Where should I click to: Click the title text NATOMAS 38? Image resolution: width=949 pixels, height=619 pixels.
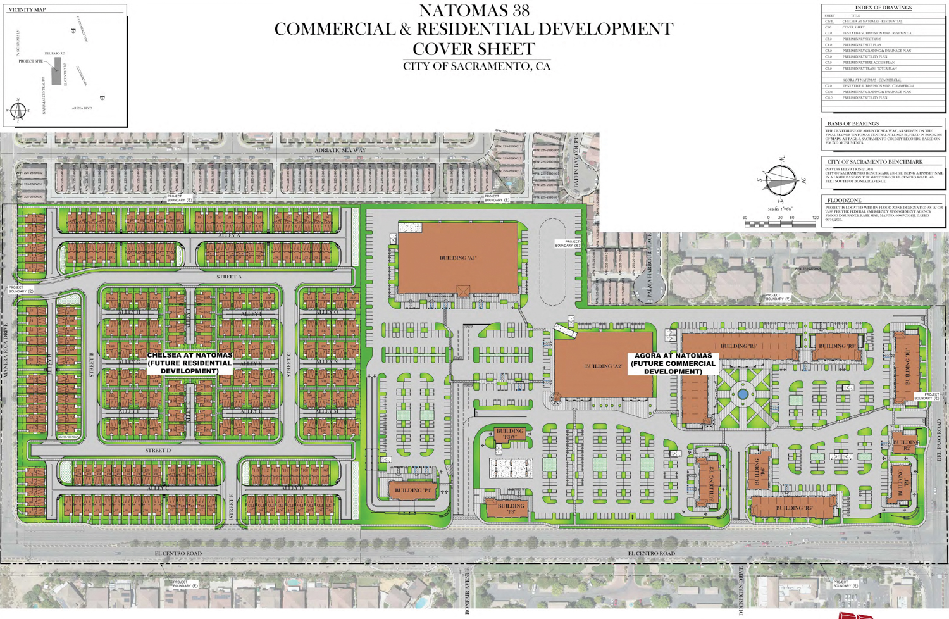click(474, 11)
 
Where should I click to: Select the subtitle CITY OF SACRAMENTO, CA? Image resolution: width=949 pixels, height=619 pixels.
click(476, 66)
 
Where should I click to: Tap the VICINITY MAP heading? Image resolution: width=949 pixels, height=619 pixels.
click(27, 10)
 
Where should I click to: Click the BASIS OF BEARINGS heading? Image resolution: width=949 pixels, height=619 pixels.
click(853, 123)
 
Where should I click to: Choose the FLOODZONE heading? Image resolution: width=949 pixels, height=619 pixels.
click(844, 200)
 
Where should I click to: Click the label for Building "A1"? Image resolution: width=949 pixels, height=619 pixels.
click(457, 258)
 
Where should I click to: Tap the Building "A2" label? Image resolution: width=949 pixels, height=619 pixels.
click(604, 366)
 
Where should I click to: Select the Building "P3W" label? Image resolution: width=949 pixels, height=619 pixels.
click(510, 434)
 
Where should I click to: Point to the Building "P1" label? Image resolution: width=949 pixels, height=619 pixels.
click(413, 491)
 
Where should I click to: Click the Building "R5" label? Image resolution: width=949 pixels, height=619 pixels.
click(794, 508)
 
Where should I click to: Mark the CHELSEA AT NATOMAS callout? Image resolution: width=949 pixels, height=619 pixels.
click(189, 363)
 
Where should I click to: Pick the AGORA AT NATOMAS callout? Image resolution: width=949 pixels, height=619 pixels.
click(673, 363)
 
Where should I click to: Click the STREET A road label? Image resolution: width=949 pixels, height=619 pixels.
click(229, 277)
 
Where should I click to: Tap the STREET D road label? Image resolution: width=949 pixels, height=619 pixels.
click(158, 450)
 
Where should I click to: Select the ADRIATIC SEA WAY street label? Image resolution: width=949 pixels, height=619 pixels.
click(340, 150)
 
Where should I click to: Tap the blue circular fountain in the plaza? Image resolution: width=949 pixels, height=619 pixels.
click(743, 394)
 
